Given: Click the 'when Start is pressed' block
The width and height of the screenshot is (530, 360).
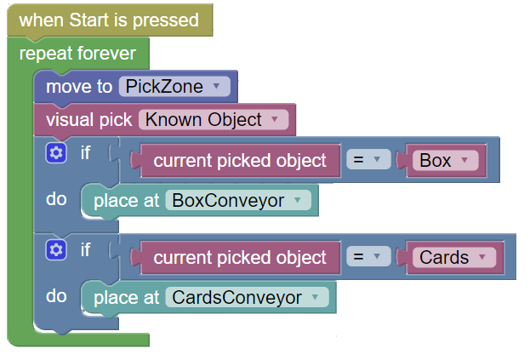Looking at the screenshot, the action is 110,20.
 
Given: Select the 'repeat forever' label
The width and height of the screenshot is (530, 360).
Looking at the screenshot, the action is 77,54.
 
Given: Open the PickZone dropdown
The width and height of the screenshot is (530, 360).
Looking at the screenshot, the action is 174,86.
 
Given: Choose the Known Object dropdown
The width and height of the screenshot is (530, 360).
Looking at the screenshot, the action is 214,119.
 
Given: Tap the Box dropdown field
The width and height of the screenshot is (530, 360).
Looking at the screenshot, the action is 445,160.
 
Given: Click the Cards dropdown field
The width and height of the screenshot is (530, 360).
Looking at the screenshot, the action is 454,257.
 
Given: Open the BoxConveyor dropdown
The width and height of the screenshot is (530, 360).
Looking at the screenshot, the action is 238,200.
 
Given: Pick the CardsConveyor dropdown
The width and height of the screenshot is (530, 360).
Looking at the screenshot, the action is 247,297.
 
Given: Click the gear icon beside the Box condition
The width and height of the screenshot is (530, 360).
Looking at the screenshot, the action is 56,153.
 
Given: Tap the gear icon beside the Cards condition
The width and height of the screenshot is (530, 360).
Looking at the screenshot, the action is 56,250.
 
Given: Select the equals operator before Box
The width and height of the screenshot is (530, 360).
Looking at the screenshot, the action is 368,159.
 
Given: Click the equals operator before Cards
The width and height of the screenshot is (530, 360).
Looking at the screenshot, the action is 368,257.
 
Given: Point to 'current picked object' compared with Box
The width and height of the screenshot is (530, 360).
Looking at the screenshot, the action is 239,160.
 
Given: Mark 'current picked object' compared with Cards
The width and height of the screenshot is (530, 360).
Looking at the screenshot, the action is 239,257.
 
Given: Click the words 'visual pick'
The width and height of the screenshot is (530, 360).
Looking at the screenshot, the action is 88,120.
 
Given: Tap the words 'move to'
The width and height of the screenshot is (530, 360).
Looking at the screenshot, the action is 79,87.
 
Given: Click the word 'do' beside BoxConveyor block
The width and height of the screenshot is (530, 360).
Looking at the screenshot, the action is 56,199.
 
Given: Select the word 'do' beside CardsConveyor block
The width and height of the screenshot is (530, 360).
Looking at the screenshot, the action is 56,296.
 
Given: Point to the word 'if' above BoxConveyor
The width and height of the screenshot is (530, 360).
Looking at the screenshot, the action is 85,153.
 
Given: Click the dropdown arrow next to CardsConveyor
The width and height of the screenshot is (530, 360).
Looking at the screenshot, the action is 315,297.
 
